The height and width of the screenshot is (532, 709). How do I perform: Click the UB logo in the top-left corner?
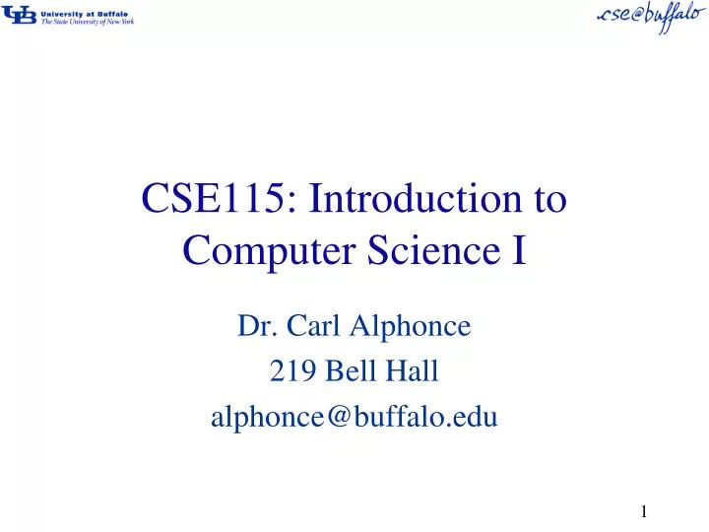[x=20, y=15]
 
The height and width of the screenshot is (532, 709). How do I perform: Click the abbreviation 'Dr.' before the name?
[x=253, y=324]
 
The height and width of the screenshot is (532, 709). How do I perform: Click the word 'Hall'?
[x=412, y=371]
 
